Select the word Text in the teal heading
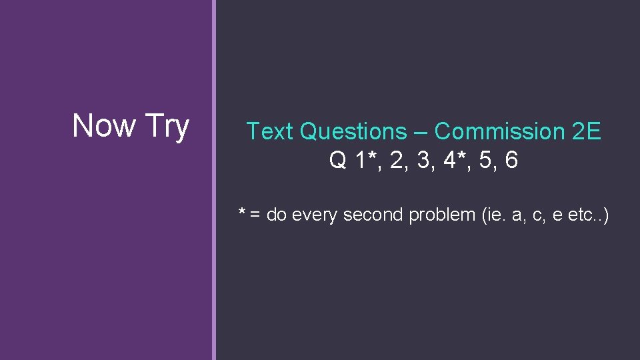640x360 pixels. coord(270,132)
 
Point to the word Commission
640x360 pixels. coord(499,132)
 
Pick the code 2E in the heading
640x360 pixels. coord(587,132)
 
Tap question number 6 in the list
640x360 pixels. coord(511,161)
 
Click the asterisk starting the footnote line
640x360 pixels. coord(243,213)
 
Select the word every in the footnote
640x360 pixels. coord(316,215)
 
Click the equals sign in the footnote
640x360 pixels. coord(255,215)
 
